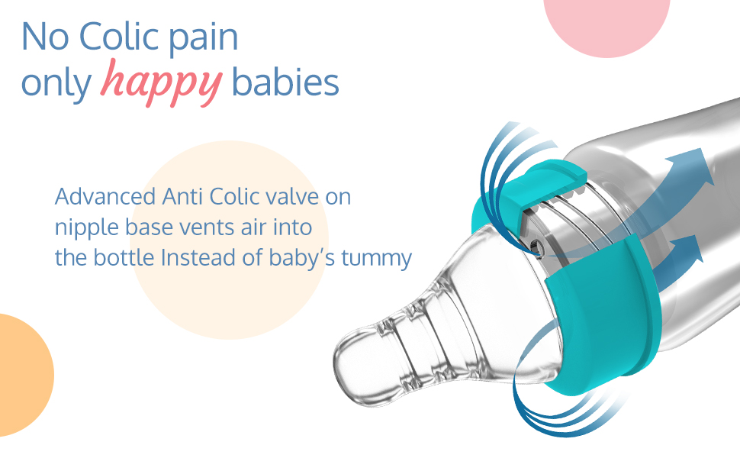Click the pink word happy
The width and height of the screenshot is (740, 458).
click(x=161, y=82)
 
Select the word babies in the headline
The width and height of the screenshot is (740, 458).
click(x=285, y=82)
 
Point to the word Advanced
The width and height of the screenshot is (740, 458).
click(x=105, y=196)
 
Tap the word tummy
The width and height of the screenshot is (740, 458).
click(x=376, y=259)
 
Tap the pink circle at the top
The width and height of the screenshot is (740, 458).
click(x=607, y=21)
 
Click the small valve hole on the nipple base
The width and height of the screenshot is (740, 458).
click(x=535, y=245)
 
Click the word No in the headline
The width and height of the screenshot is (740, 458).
click(x=46, y=37)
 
